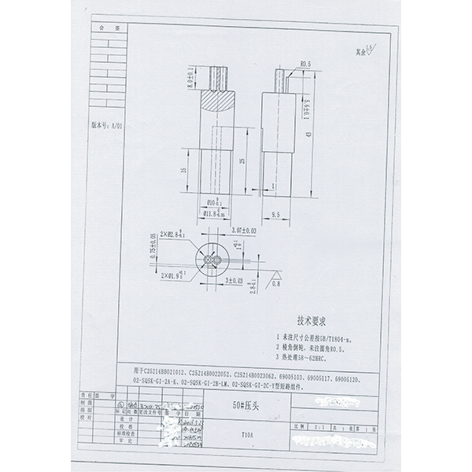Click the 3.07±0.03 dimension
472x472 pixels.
[x=245, y=230]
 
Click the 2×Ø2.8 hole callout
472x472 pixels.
[x=172, y=234]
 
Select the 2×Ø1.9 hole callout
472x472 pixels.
[x=172, y=277]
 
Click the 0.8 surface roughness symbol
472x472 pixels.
[x=276, y=277]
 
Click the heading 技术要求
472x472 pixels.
[x=312, y=321]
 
